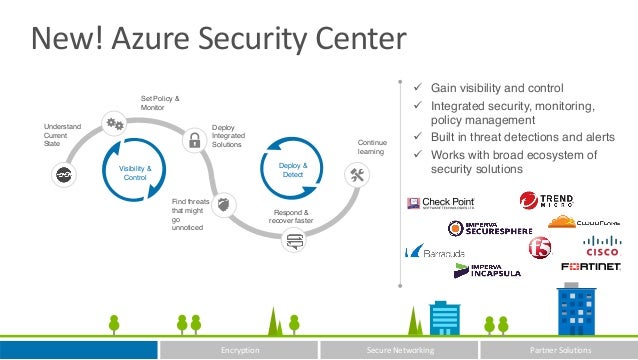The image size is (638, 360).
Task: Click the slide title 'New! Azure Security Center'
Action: point(219,40)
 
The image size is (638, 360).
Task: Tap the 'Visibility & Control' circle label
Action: point(135,172)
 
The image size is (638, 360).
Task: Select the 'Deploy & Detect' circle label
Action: point(292,170)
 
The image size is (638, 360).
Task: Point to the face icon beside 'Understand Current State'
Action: point(62,173)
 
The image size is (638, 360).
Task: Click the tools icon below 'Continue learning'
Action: point(358,175)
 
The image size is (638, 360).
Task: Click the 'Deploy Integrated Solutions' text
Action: point(227,137)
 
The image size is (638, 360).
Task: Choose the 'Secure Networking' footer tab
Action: point(399,351)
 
